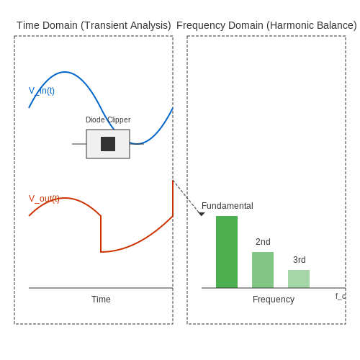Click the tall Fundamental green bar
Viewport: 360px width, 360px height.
point(227,252)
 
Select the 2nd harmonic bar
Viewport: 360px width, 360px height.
point(263,270)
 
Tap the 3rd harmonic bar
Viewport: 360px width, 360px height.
point(299,279)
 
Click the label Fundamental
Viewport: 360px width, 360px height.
point(228,206)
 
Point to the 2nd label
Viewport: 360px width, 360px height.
point(263,242)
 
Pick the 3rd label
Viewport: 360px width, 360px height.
point(300,260)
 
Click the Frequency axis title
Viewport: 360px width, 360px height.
point(274,300)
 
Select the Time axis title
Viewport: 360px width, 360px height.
point(101,300)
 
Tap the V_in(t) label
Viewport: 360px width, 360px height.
point(42,91)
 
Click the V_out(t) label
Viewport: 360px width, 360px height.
point(44,199)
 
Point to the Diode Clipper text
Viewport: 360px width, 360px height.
point(108,120)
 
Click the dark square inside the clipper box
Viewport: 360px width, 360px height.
point(108,144)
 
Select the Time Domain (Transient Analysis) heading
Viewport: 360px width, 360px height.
point(94,25)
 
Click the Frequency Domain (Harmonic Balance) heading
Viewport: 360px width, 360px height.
point(266,25)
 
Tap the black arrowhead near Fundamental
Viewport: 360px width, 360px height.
point(202,214)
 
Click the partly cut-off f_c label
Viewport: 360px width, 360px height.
point(341,297)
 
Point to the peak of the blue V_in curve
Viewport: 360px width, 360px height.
point(65,72)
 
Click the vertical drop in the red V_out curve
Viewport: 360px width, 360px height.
point(101,234)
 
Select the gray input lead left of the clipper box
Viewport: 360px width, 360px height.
point(79,144)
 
